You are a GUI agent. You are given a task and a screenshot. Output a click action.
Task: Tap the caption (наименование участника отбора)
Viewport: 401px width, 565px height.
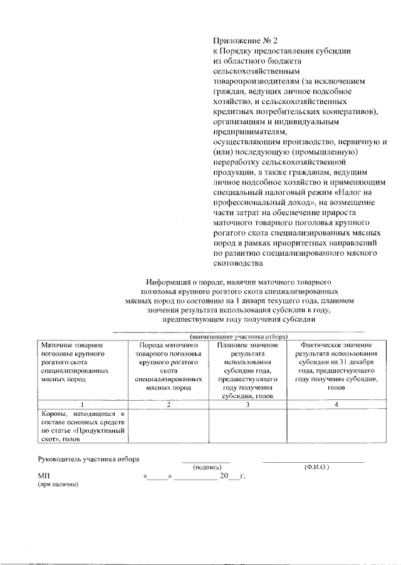tap(238, 336)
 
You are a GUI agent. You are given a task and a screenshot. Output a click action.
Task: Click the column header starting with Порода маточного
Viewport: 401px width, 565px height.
tap(167, 366)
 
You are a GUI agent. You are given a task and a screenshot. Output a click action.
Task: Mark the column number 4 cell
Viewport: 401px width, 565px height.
tap(336, 404)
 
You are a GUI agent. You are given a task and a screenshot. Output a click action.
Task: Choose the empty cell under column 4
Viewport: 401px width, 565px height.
tap(336, 426)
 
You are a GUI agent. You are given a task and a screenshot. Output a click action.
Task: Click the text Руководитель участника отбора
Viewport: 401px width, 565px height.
tap(88, 459)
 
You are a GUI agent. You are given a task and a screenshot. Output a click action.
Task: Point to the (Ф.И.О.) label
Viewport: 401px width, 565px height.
tap(316, 467)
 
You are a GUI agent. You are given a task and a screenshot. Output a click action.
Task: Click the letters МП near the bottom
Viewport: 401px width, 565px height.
tap(44, 477)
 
